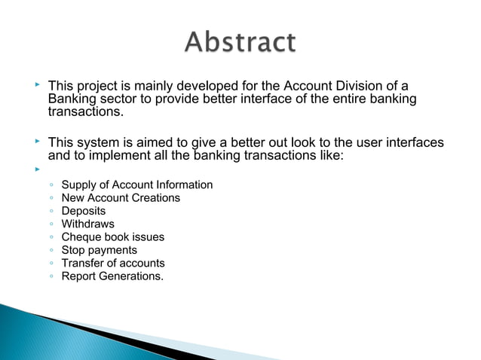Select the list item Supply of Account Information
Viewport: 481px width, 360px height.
(x=136, y=185)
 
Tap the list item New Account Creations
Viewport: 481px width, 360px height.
(x=121, y=198)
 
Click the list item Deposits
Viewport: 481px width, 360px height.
(x=83, y=211)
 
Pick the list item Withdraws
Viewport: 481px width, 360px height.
(x=87, y=224)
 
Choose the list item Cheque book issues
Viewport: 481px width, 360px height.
(x=112, y=236)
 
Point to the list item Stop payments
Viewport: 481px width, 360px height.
(x=99, y=250)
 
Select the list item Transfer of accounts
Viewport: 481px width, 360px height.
(x=112, y=263)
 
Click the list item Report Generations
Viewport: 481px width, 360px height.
(x=112, y=276)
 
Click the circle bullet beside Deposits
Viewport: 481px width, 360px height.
(x=50, y=212)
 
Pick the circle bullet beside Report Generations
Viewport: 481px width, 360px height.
(x=50, y=276)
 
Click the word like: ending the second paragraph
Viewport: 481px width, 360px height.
(x=329, y=157)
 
